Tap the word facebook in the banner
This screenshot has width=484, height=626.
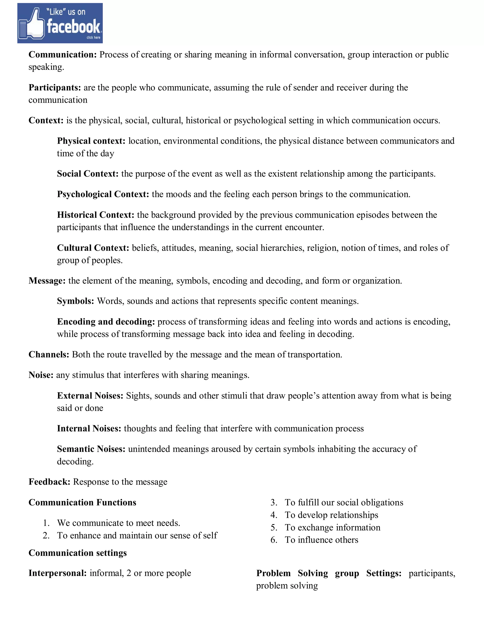[74, 26]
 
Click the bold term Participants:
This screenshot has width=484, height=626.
[55, 87]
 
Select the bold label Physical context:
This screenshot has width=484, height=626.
[91, 141]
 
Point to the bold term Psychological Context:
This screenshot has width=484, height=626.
[103, 194]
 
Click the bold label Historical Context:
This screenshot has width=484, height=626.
[95, 215]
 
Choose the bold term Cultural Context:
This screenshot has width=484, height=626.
[93, 248]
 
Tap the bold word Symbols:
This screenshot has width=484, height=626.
[75, 301]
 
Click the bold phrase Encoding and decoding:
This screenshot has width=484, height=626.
[106, 322]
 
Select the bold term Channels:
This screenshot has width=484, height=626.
[49, 355]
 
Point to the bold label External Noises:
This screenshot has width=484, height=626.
[90, 395]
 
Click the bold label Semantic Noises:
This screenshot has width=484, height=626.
[91, 449]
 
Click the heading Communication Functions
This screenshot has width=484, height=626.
[82, 502]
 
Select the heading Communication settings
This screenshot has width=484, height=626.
[78, 553]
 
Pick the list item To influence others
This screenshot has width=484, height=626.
[321, 540]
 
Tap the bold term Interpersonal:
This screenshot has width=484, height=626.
[58, 573]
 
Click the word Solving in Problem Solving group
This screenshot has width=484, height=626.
[312, 573]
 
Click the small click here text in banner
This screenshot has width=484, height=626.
[94, 38]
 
